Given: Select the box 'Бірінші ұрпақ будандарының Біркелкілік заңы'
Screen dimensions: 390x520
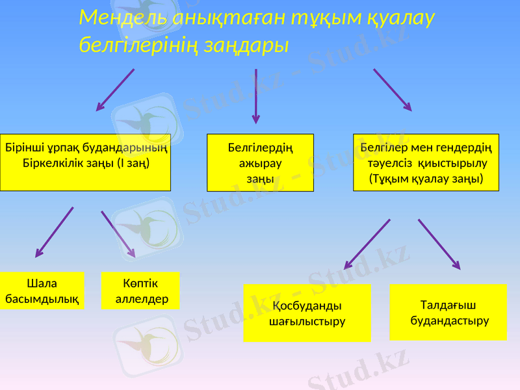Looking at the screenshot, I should (85, 162).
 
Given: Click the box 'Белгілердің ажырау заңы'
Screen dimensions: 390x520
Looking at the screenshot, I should (260, 162).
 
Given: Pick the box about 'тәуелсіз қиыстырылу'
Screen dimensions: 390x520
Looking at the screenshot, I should (426, 162).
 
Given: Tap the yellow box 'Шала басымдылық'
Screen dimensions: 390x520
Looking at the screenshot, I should (42, 291).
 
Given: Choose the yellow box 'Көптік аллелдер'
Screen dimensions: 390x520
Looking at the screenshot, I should (141, 291).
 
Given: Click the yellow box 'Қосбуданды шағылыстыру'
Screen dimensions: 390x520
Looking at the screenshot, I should (307, 313).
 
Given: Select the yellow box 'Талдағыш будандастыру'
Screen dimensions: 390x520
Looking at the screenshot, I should (448, 312).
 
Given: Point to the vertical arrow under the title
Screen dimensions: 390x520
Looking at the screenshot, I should (256, 96).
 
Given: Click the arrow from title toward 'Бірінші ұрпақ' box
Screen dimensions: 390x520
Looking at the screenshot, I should (116, 90).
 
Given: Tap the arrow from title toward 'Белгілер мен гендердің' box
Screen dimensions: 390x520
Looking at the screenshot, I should (392, 89).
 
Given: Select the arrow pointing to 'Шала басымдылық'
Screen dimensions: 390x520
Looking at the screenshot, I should (54, 232).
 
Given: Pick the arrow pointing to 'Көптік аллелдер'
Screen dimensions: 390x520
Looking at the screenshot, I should (118, 233).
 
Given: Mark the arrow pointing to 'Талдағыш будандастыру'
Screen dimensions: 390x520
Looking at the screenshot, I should (439, 244).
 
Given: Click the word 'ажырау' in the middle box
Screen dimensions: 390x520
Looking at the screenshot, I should (260, 162).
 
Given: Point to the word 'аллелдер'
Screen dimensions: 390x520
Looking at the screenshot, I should (142, 299).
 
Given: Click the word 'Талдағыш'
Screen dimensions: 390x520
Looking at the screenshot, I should (448, 305).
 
